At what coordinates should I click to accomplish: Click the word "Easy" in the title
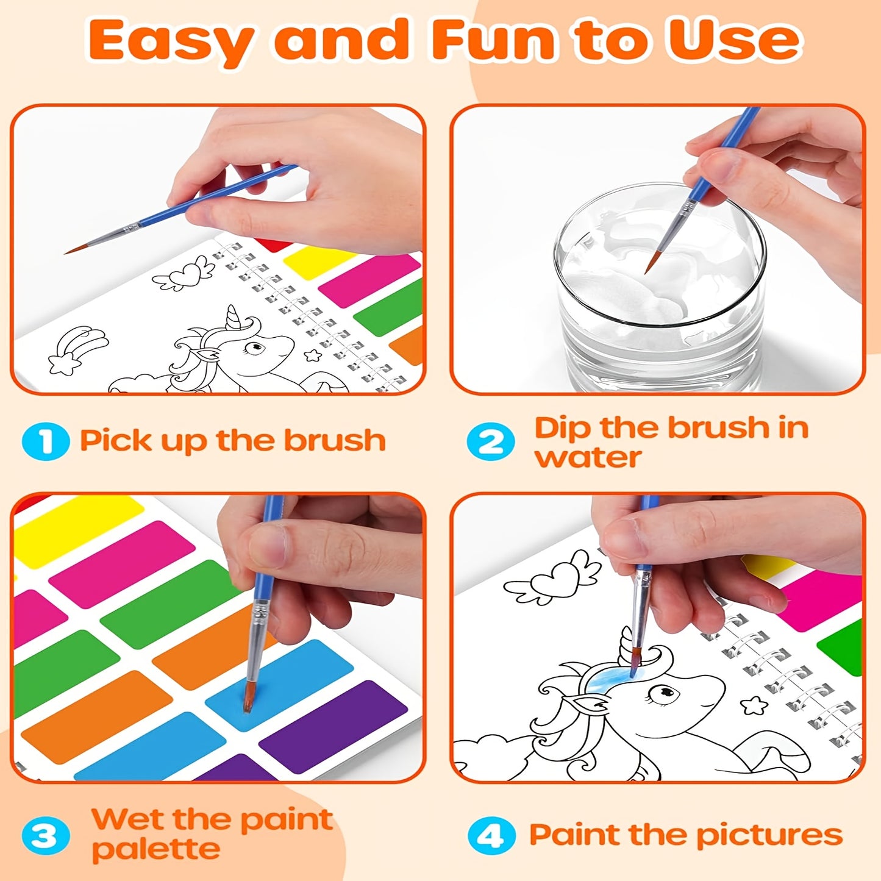coord(171,41)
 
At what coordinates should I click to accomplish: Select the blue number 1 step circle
coord(45,441)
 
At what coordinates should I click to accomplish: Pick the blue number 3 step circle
coord(45,835)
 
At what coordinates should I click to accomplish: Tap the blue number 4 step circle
coord(491,835)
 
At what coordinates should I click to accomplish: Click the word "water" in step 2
coord(588,457)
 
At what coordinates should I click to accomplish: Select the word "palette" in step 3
coord(156,849)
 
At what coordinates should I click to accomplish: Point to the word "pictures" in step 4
coord(769,835)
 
